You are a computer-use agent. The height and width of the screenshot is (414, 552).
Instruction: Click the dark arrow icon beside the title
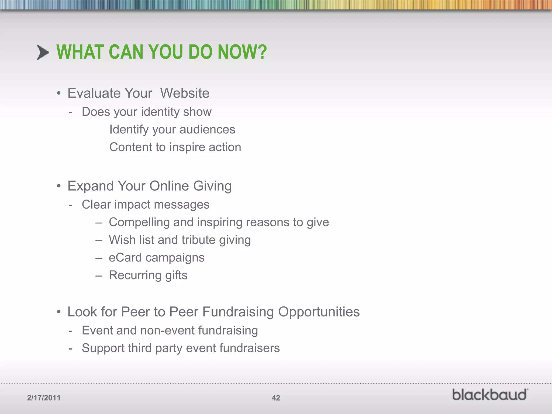[43, 52]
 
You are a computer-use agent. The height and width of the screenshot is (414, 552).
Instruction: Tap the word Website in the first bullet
[185, 93]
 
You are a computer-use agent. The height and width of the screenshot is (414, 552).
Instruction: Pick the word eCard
[125, 258]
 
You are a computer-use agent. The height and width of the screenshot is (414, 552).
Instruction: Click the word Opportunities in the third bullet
[319, 312]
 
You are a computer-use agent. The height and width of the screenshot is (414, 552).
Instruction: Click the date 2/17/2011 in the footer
[44, 398]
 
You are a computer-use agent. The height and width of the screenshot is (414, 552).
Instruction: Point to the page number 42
[276, 398]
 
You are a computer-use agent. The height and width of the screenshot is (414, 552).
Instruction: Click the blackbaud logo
[490, 395]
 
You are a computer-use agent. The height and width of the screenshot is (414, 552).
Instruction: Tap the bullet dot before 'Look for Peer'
[59, 312]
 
